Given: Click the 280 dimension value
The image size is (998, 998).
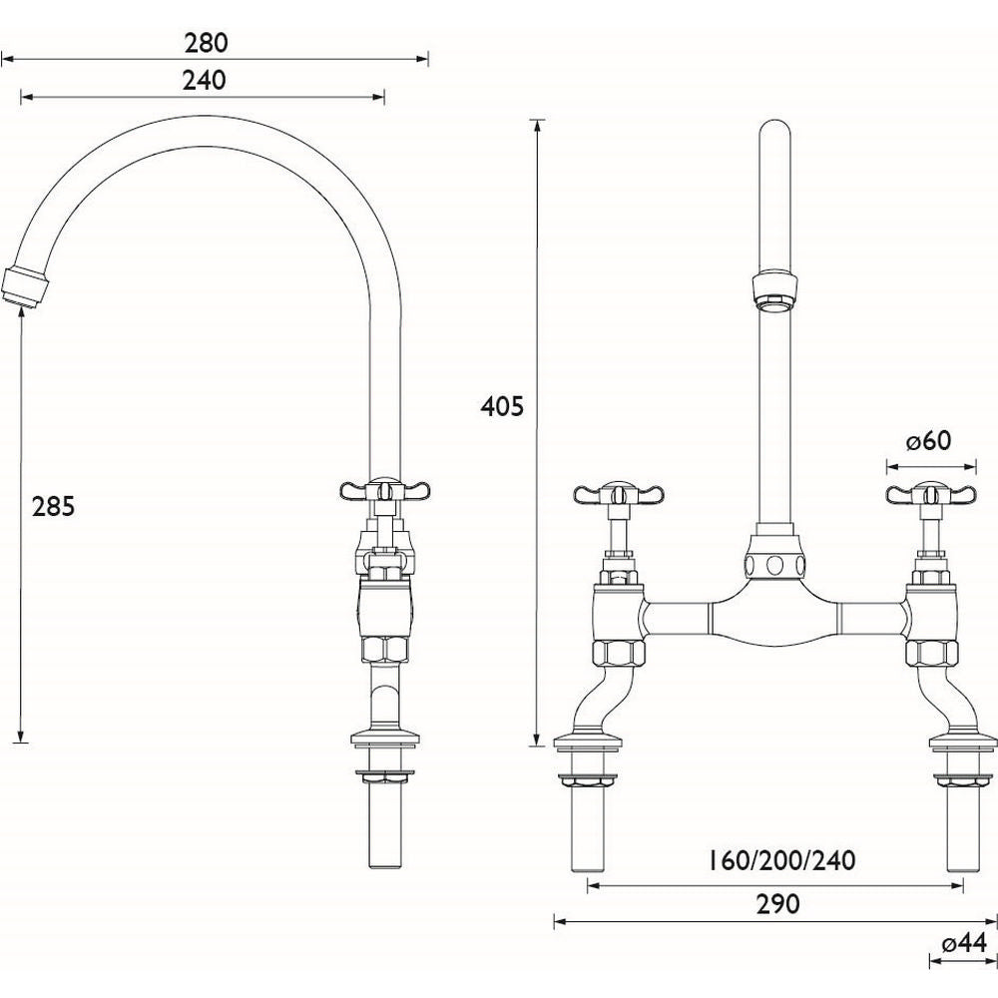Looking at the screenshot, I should coord(207,42).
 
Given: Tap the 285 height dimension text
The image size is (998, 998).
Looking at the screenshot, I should coord(53,506).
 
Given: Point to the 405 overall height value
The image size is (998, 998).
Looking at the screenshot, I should coord(501,406).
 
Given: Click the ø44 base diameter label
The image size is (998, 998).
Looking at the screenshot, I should coord(962,943).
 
